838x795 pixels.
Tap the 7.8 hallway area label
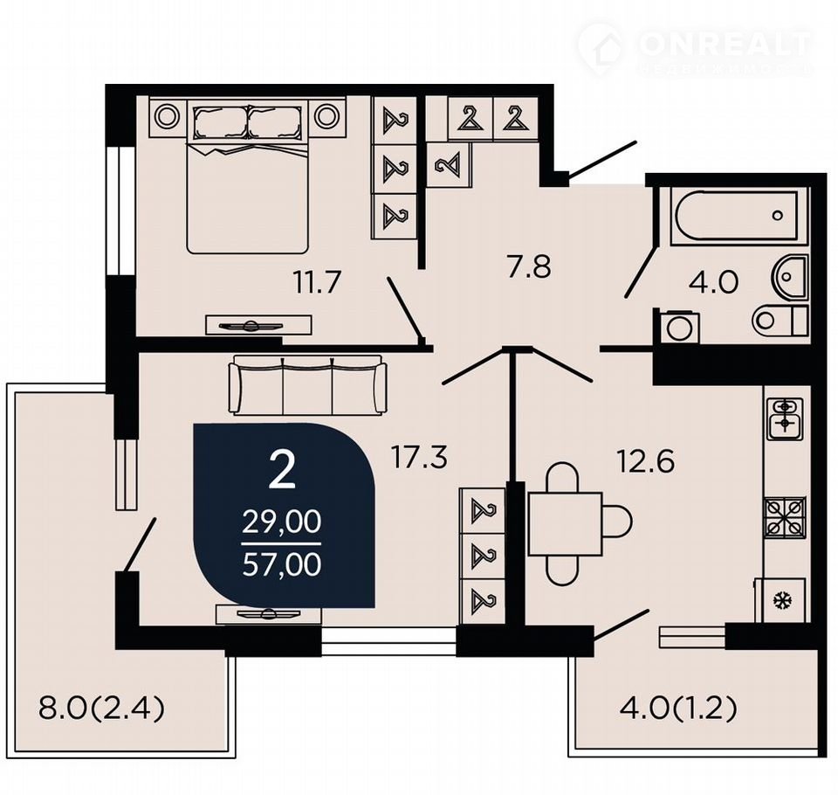point(529,267)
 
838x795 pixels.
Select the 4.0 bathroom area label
point(713,282)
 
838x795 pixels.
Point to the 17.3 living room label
point(418,458)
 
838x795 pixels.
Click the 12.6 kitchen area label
point(645,461)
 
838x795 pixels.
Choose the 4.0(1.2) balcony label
point(678,709)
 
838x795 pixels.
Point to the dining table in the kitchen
point(565,524)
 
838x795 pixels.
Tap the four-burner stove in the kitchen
point(785,518)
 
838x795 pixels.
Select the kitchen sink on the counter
point(785,418)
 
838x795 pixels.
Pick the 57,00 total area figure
point(282,563)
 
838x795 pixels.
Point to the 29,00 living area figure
point(282,522)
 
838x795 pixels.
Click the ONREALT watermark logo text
point(725,44)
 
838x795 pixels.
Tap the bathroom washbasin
point(789,276)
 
